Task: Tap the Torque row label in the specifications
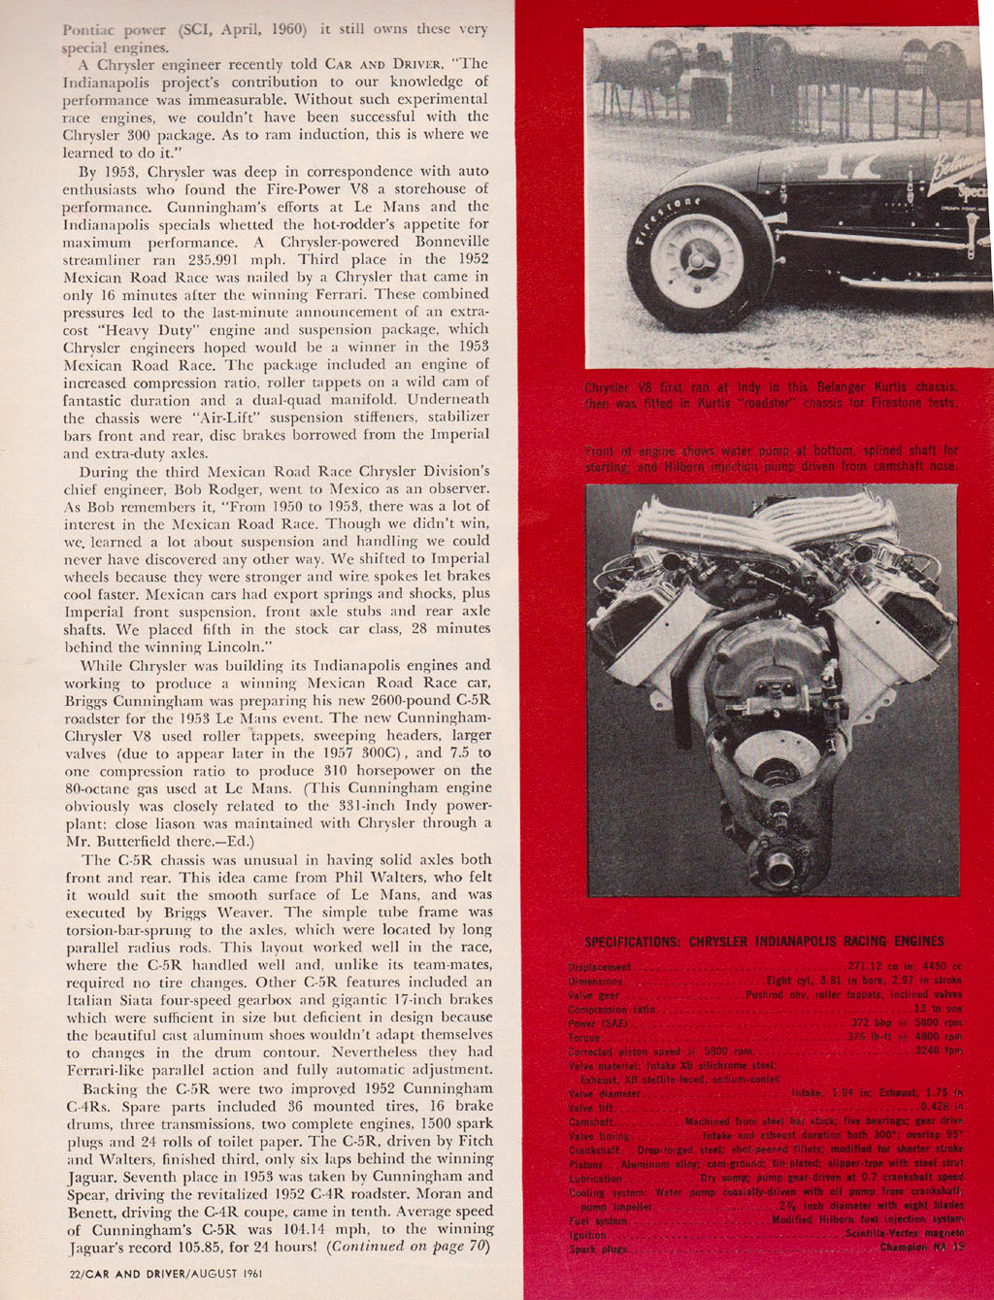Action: click(584, 1038)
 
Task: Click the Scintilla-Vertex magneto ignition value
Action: click(903, 1235)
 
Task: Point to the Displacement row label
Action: click(599, 968)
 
